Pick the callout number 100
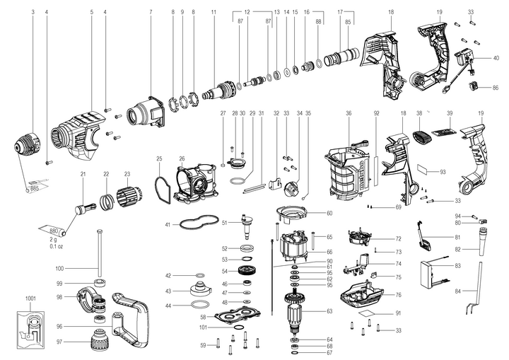78,268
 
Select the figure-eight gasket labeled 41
198,222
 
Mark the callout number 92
377,112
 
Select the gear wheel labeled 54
247,271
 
